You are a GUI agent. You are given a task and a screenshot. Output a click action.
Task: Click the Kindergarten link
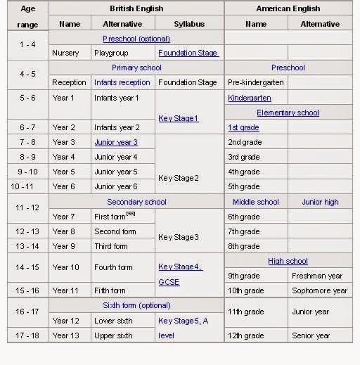(x=250, y=98)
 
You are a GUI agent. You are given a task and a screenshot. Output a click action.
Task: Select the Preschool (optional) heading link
(x=136, y=39)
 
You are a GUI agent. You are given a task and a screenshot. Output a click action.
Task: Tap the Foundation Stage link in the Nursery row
(x=188, y=53)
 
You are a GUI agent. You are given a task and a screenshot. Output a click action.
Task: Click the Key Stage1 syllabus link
(x=179, y=118)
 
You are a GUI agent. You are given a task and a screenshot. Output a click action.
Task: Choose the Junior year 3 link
(x=116, y=142)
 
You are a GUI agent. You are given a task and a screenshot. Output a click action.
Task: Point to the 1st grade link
(x=243, y=127)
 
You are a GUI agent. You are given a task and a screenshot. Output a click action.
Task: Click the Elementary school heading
(x=288, y=113)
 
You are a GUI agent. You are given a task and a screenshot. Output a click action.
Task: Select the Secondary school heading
(x=136, y=202)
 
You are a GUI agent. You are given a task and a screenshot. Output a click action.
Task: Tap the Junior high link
(x=320, y=202)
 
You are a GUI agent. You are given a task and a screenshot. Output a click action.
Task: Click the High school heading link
(x=288, y=261)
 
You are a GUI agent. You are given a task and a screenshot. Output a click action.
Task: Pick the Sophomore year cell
(x=319, y=290)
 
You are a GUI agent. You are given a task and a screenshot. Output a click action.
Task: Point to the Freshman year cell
(x=317, y=276)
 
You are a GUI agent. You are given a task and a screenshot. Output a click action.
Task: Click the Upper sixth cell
(x=113, y=335)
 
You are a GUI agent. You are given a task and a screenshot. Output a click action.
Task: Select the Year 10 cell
(x=65, y=267)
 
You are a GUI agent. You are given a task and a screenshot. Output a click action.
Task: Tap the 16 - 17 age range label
(x=27, y=311)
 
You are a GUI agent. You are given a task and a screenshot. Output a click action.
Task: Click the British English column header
(x=136, y=8)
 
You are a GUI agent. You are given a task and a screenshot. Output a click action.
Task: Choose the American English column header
(x=288, y=8)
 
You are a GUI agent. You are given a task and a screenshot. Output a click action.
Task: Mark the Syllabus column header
(x=189, y=24)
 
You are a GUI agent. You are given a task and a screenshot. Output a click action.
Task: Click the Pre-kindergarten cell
(x=255, y=82)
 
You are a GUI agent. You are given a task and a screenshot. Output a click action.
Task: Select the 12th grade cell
(x=245, y=335)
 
